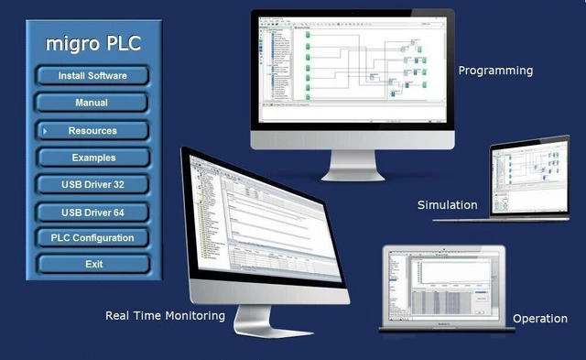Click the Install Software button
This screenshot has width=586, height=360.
pos(92,75)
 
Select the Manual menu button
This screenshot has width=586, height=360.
pos(92,103)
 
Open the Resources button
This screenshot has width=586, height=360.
pos(92,130)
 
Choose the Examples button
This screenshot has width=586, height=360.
pos(92,157)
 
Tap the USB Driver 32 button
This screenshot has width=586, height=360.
pos(92,184)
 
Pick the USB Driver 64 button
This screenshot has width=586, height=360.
pos(92,212)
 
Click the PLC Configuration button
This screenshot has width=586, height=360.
pos(92,237)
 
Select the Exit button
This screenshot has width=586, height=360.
pos(92,264)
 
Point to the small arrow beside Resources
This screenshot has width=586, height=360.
pos(44,131)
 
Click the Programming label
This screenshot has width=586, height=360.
pos(495,70)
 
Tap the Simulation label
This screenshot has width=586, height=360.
pos(447,204)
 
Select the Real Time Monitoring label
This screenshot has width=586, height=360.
pos(165,315)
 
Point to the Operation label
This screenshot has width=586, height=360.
pos(539,318)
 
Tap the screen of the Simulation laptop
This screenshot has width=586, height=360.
pos(531,176)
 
